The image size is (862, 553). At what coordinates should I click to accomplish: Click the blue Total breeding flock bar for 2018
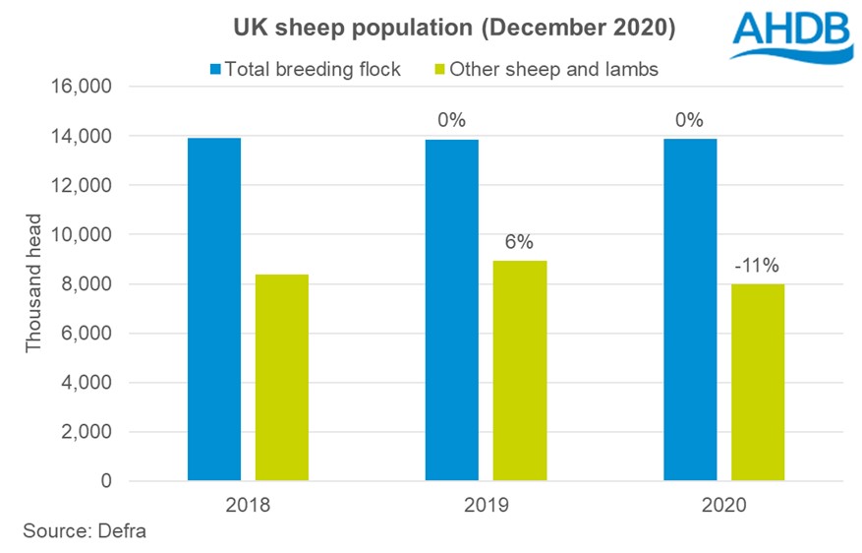click(x=213, y=309)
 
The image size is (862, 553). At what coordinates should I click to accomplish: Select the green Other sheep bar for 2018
click(x=281, y=378)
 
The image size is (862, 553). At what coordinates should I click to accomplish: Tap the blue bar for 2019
click(x=451, y=310)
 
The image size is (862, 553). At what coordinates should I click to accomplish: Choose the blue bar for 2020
click(x=690, y=310)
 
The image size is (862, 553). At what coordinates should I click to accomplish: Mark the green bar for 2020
click(x=758, y=383)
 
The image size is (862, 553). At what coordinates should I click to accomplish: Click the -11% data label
click(x=758, y=265)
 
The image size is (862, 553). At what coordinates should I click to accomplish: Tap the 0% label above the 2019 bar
click(x=451, y=120)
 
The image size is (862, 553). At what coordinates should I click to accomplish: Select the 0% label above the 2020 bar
click(x=690, y=120)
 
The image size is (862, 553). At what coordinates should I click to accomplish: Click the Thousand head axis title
click(x=34, y=285)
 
